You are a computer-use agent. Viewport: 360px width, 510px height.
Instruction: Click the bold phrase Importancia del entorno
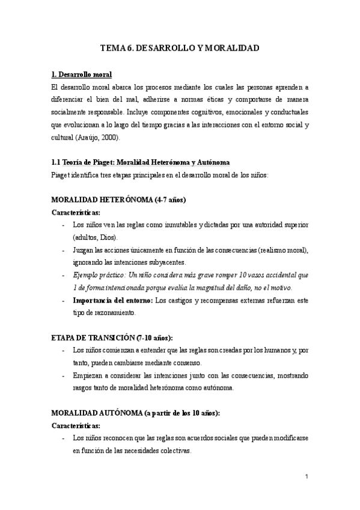point(112,300)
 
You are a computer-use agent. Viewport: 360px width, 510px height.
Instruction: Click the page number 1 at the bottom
point(307,478)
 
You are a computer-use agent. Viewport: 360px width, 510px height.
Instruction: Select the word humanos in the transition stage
point(260,349)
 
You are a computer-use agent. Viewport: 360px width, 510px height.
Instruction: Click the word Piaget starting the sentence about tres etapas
point(61,175)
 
